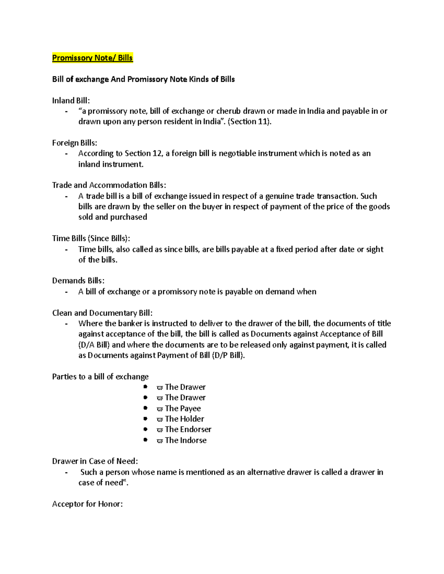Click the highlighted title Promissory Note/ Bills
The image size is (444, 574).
coord(92,58)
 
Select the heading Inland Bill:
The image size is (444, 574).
coord(71,101)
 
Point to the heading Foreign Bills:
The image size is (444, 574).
coord(74,143)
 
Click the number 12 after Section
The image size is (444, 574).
coord(157,153)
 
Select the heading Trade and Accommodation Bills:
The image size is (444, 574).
coord(109,185)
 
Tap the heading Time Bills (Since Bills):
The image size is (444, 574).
coord(91,238)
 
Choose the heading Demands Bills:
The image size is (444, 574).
coord(78,281)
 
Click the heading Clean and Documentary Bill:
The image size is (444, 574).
coord(102,313)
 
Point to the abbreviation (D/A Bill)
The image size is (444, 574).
coord(94,345)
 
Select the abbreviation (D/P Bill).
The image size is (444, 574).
coord(228,356)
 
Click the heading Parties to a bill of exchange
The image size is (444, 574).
coord(100,377)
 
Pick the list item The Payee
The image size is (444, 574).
coord(183,408)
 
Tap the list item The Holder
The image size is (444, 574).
coord(184,419)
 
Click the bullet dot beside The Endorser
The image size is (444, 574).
coord(146,429)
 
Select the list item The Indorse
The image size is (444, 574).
coord(185,440)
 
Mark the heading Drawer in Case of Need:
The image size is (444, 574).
coord(95,461)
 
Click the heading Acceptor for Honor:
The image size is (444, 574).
coord(87,504)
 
